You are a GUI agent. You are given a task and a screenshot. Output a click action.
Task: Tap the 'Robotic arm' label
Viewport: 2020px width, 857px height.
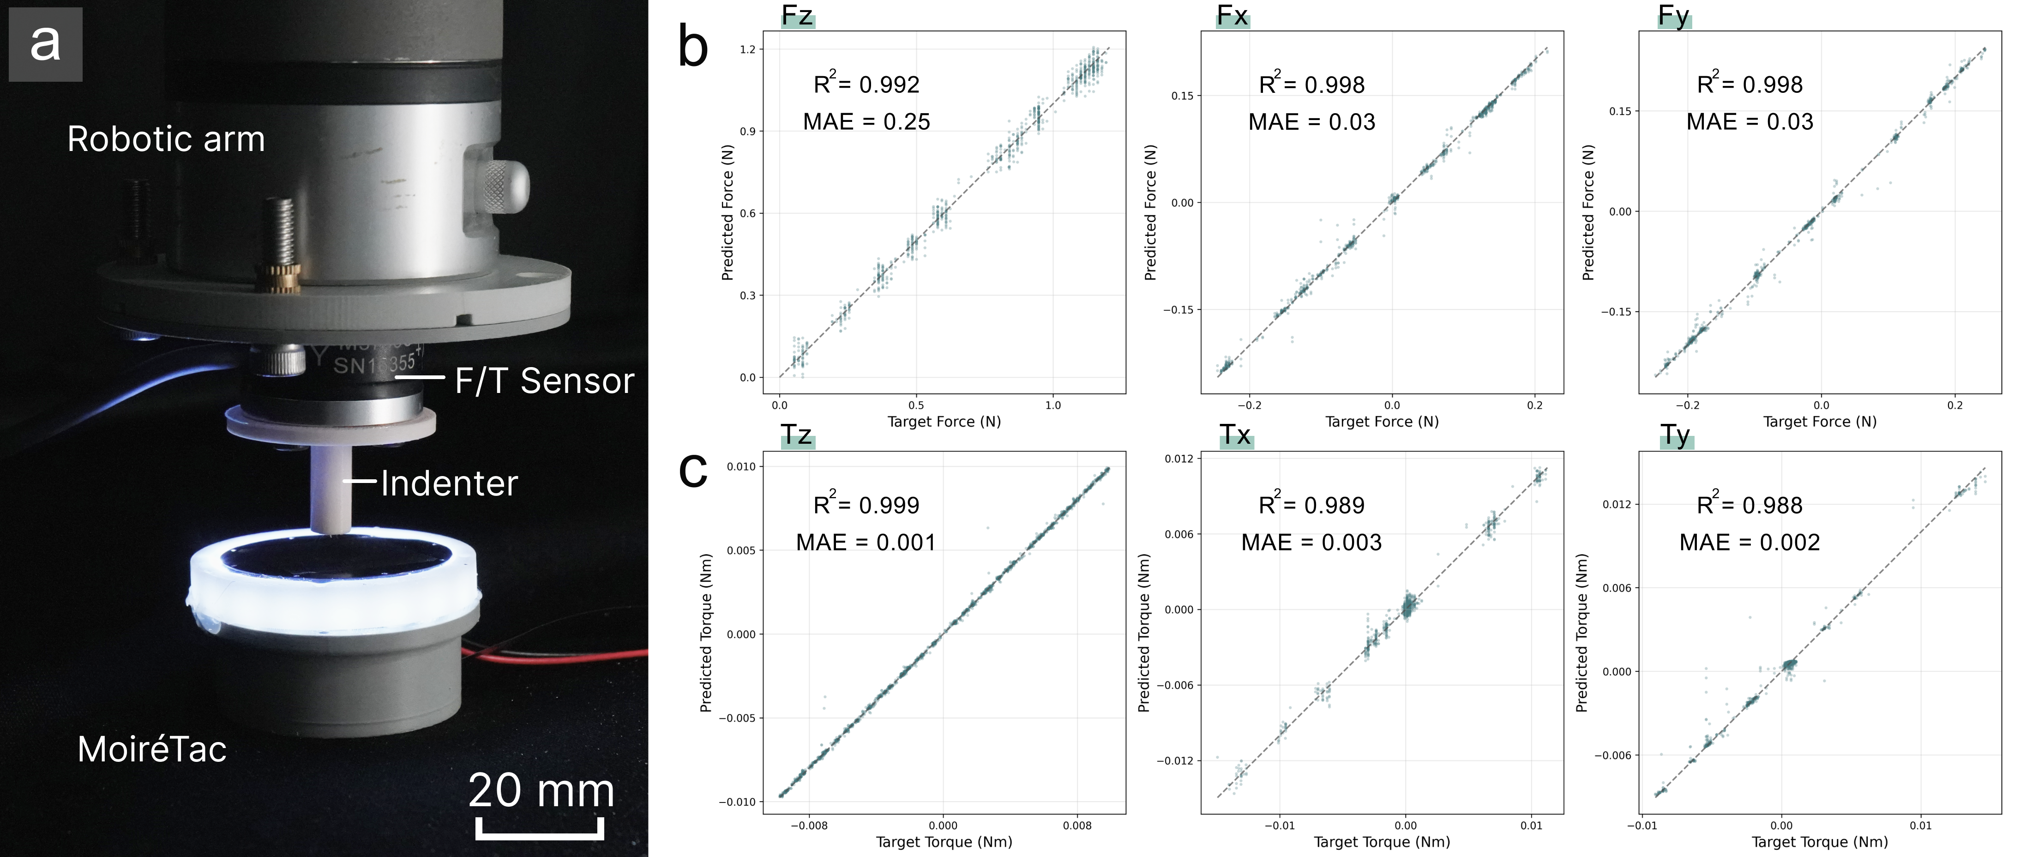coord(166,139)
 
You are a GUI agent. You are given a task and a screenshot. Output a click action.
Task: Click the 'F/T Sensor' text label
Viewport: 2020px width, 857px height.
coord(544,381)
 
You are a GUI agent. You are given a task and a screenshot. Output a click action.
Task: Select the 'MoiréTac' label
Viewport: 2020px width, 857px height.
coord(152,749)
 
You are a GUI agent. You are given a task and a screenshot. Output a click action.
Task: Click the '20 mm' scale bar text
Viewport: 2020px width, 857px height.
coord(541,791)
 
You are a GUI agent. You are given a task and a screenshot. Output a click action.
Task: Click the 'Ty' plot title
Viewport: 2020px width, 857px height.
coord(1676,435)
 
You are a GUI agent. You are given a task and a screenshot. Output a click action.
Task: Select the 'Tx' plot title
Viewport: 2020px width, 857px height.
coord(1236,435)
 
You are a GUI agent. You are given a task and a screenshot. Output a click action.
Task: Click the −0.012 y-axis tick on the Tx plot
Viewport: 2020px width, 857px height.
coord(1174,760)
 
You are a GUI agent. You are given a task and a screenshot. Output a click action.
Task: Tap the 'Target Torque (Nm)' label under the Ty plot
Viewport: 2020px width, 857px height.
coord(1819,842)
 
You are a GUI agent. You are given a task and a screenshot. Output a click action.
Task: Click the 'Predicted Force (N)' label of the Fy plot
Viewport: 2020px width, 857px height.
coord(1588,212)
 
